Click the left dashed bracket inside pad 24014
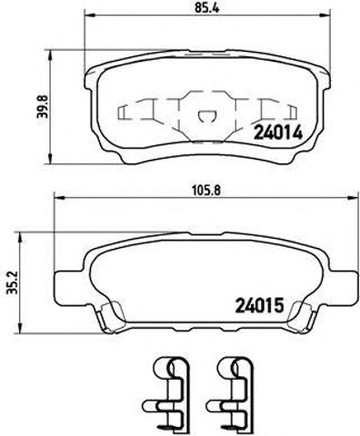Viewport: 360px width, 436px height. point(127,113)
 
